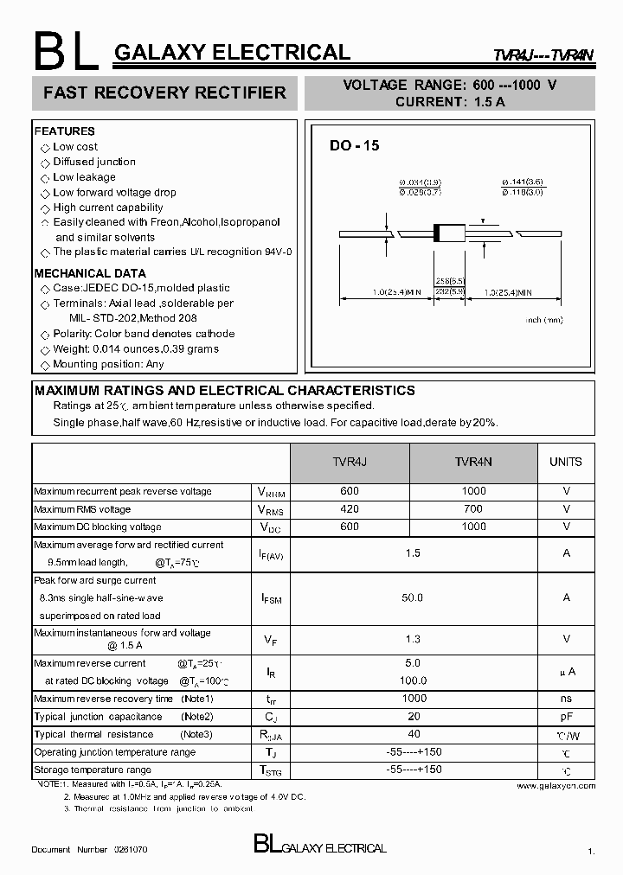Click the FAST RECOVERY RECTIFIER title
click(164, 93)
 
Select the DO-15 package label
click(354, 146)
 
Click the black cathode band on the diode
click(438, 233)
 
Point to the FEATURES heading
click(65, 131)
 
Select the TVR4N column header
click(473, 463)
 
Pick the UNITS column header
click(566, 463)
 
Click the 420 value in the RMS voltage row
click(349, 509)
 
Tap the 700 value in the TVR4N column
click(473, 509)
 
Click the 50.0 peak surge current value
click(413, 597)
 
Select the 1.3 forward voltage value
click(413, 639)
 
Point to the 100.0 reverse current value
click(413, 681)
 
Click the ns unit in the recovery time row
click(566, 699)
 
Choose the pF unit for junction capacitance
click(566, 717)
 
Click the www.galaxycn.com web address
click(556, 786)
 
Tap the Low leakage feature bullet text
click(84, 177)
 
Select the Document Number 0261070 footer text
click(89, 850)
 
